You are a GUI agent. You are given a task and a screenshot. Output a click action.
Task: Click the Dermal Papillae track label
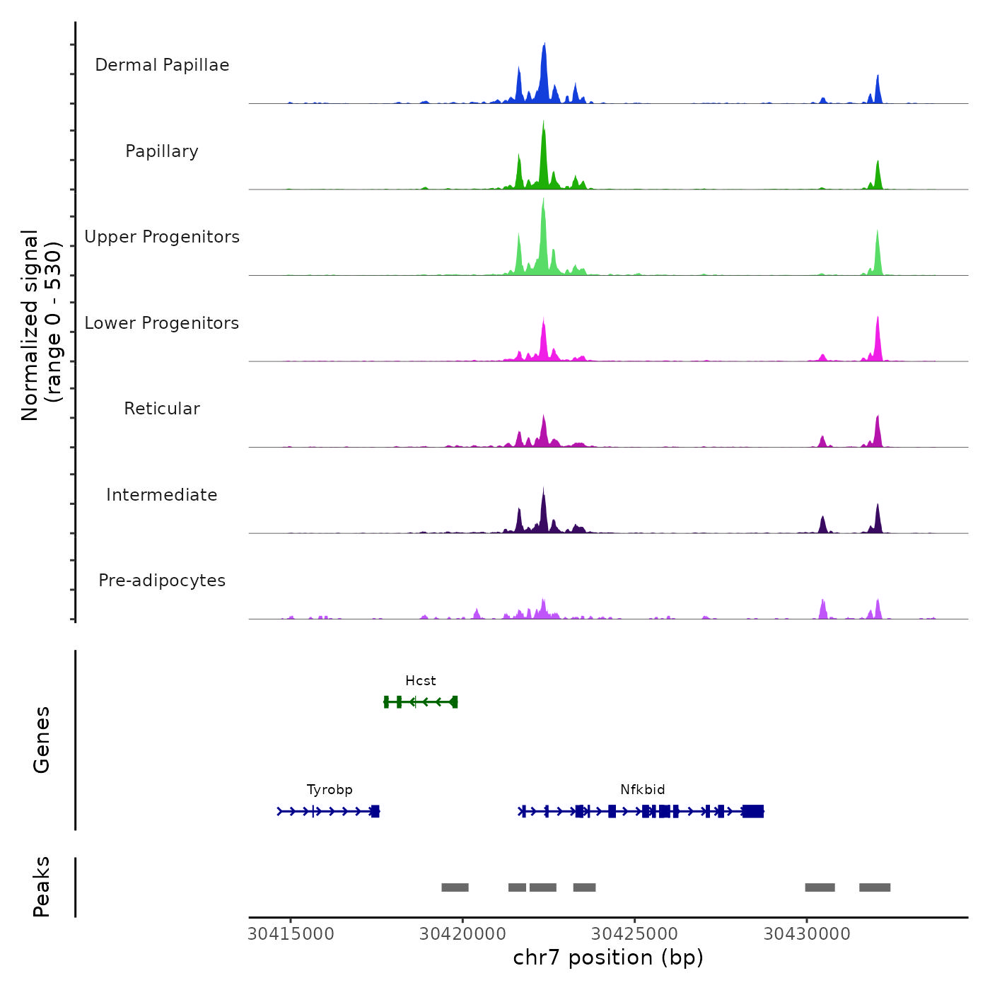[162, 65]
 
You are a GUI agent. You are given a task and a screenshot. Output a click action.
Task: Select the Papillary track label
[162, 151]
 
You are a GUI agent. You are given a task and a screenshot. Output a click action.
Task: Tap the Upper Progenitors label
[162, 237]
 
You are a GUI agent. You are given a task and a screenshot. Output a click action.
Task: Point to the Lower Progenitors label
[162, 323]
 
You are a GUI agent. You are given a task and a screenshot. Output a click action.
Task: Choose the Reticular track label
[162, 409]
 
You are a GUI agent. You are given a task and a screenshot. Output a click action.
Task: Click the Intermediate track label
[162, 495]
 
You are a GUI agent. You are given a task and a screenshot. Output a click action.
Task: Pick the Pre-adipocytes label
[162, 581]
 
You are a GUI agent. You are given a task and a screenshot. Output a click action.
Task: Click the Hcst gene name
[421, 681]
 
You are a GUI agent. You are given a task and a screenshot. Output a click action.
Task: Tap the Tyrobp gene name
[330, 790]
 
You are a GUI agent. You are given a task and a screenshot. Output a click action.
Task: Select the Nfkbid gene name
[643, 790]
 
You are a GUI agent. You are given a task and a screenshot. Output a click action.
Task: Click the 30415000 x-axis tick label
[291, 934]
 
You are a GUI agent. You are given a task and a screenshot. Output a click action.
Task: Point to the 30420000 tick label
[463, 934]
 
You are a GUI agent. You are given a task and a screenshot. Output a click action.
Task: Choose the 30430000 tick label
[807, 934]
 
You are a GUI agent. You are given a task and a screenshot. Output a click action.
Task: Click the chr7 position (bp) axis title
[608, 957]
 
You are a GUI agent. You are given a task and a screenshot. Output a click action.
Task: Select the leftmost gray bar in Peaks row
[455, 887]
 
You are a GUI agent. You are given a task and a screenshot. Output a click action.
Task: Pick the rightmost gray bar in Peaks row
[875, 887]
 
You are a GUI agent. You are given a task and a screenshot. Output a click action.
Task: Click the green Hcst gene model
[421, 701]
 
